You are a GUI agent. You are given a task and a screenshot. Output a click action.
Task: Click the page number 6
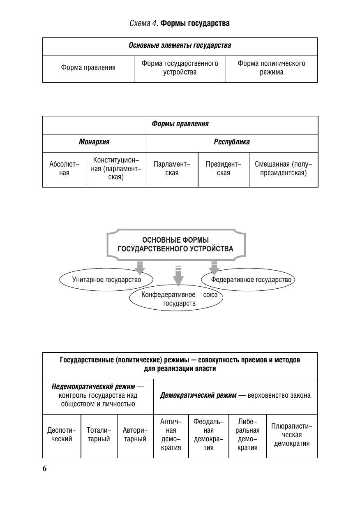click(44, 469)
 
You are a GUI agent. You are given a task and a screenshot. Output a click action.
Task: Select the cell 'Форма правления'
click(88, 68)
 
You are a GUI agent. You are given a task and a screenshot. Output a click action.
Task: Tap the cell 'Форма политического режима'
click(271, 68)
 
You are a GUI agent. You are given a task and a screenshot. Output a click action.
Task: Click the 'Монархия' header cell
click(94, 142)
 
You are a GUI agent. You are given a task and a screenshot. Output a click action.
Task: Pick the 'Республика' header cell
click(232, 142)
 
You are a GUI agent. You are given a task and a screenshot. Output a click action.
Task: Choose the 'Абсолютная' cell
click(64, 169)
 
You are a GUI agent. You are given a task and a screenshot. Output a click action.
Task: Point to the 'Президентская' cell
click(224, 169)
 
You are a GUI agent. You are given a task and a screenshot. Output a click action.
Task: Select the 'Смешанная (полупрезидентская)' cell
click(284, 169)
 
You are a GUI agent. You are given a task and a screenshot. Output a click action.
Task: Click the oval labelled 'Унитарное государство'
click(106, 280)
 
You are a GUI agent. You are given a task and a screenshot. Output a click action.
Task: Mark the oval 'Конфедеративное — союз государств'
click(177, 299)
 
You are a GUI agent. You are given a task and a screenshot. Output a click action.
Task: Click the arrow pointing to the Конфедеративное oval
click(178, 276)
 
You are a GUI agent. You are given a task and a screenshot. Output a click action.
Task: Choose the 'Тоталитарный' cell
click(99, 435)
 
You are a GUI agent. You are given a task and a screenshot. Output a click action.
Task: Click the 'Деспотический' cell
click(62, 435)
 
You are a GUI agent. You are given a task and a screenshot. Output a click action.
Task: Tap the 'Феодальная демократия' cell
click(208, 435)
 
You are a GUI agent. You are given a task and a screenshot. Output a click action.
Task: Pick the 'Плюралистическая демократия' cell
click(292, 435)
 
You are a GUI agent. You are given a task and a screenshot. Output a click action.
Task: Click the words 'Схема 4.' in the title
click(143, 23)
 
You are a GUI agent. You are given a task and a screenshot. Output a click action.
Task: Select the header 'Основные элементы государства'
click(180, 46)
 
